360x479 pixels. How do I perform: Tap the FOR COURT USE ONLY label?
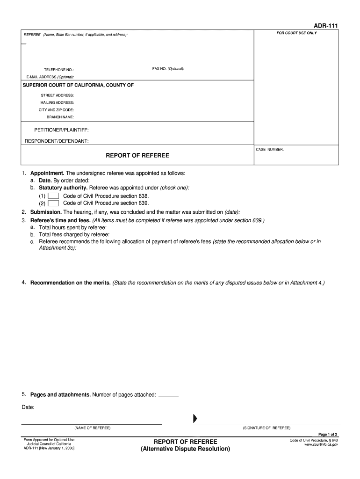pos(296,33)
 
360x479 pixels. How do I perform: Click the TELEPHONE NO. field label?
pos(59,70)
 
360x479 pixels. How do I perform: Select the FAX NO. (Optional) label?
pos(168,69)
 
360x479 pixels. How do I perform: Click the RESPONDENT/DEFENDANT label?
pos(57,141)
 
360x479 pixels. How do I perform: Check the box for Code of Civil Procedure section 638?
pos(53,196)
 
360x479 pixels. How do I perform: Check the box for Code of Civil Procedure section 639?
pos(53,203)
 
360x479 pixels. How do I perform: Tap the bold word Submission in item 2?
pos(46,212)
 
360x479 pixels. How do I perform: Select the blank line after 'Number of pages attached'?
pos(168,395)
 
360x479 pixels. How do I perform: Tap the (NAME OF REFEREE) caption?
pos(92,428)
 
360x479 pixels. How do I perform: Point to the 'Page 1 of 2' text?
pos(328,434)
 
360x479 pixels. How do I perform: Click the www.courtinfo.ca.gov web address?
pos(321,445)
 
